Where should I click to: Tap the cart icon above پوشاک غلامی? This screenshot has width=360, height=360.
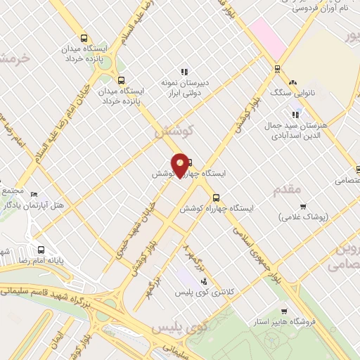304,207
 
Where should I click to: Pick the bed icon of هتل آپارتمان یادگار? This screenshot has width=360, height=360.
34,194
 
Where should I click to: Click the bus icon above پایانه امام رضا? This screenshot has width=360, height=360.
41,250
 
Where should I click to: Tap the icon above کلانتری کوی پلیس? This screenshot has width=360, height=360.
204,282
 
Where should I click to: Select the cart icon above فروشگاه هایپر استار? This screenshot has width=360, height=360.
283,311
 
